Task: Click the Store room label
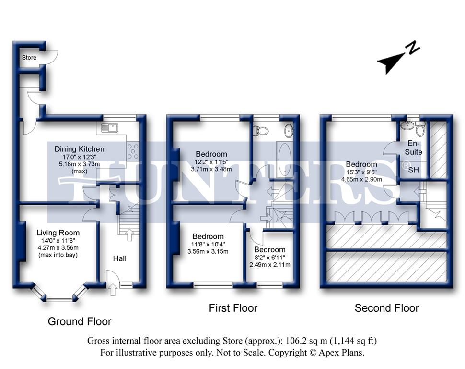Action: pos(29,57)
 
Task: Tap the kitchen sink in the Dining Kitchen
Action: pos(109,128)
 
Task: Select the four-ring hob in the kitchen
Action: pos(132,151)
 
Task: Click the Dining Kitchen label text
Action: pos(79,149)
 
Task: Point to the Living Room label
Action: pos(58,233)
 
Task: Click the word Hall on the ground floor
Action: pos(119,258)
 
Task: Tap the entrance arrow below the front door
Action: pos(113,290)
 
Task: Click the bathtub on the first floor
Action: pos(285,159)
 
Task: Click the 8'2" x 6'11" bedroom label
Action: pos(269,249)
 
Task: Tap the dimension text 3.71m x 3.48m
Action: pos(211,169)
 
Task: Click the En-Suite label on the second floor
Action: pos(413,148)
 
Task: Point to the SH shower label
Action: pos(413,170)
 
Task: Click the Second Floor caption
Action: pos(387,308)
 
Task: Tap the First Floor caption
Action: pos(233,308)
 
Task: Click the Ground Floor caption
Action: pos(80,321)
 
